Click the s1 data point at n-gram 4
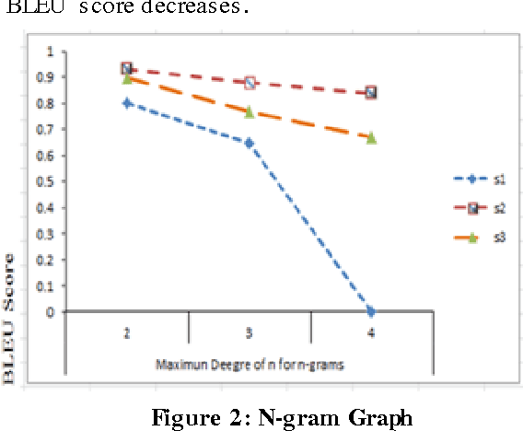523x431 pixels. (x=371, y=311)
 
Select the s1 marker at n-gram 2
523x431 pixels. (x=127, y=103)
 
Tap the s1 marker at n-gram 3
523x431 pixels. (x=249, y=143)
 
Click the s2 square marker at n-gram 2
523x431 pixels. (x=127, y=69)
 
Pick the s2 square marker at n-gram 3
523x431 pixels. (x=249, y=83)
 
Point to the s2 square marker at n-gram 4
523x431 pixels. (x=371, y=93)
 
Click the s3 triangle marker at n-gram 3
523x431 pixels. (x=249, y=111)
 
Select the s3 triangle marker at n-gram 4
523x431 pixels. (x=371, y=137)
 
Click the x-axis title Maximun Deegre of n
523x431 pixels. (x=249, y=365)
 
